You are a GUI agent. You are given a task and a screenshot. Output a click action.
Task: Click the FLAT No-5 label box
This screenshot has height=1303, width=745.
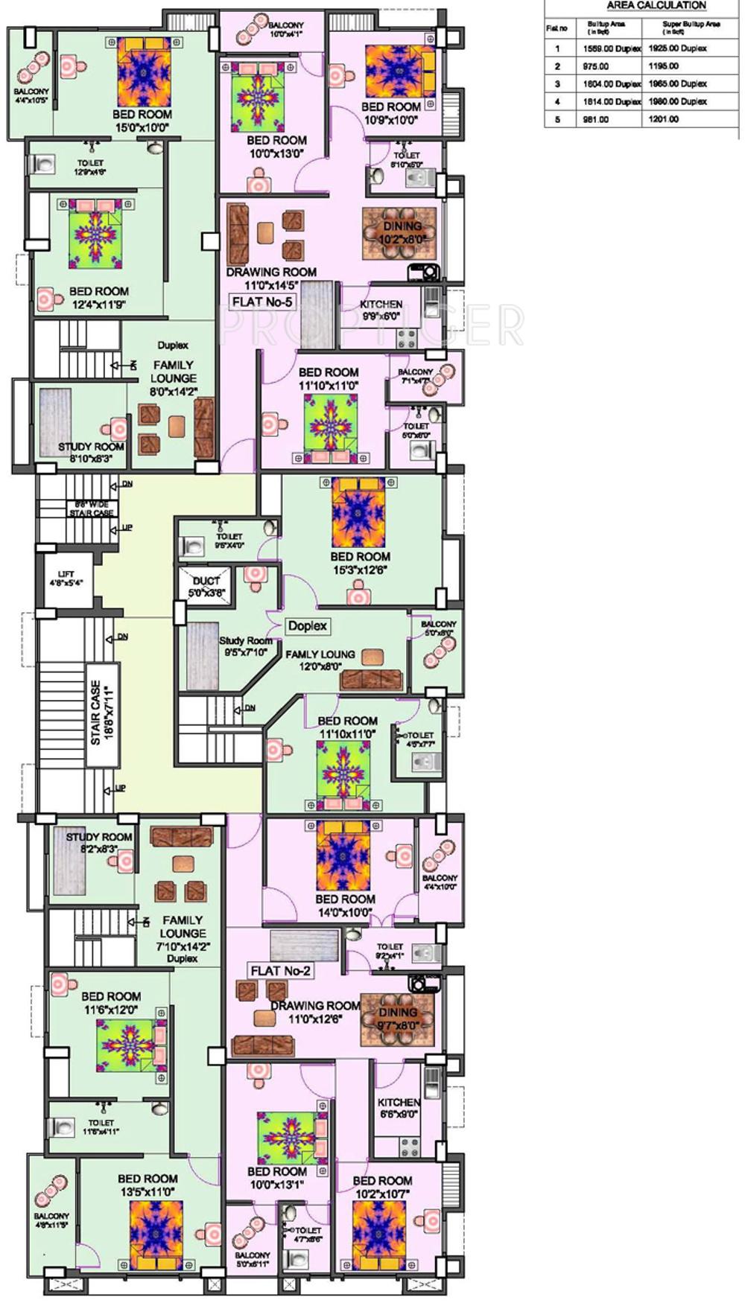[x=262, y=302]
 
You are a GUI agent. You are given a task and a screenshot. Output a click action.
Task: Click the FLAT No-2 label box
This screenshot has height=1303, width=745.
[x=280, y=971]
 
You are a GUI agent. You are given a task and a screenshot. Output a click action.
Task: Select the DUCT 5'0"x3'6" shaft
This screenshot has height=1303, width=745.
[x=206, y=586]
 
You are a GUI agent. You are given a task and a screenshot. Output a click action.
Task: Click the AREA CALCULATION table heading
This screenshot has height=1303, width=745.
[x=656, y=6]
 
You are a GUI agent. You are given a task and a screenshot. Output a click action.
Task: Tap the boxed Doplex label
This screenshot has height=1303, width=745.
[x=308, y=626]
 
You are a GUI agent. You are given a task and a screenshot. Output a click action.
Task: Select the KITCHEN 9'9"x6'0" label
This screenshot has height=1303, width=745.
[x=381, y=310]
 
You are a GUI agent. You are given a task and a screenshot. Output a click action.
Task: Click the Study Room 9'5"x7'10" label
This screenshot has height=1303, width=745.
[x=245, y=646]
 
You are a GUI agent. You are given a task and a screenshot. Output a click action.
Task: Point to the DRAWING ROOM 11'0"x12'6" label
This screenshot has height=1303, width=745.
[x=315, y=1012]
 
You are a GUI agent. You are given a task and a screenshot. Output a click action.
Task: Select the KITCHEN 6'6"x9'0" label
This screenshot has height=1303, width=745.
[x=399, y=1107]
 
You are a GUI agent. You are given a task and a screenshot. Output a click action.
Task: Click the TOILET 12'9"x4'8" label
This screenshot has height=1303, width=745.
[x=90, y=167]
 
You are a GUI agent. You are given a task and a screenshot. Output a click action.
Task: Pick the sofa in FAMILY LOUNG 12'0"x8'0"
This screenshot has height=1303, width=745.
[x=370, y=680]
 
